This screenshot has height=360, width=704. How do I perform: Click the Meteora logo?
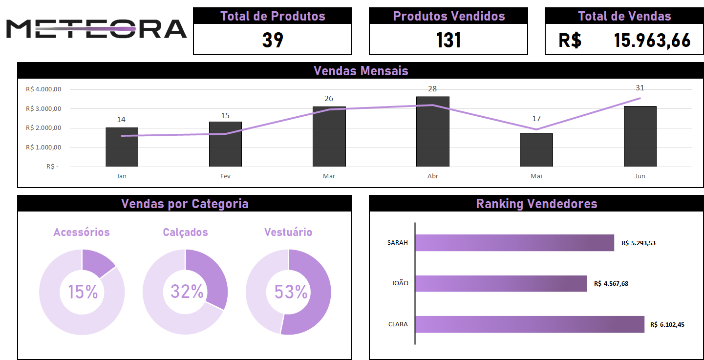coord(96,29)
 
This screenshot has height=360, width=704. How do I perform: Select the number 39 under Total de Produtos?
coord(273,40)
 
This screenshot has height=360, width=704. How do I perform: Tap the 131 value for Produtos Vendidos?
coord(448,40)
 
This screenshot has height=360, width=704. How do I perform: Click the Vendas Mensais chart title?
coord(361,71)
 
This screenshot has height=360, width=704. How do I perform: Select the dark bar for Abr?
coord(432,132)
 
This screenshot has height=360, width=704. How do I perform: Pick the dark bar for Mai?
coord(536,150)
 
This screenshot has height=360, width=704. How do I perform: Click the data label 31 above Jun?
coord(640,88)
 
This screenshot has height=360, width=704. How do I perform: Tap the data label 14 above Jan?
coord(121,120)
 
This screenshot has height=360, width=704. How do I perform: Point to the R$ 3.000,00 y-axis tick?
coord(43,109)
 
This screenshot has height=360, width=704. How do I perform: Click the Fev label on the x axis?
coord(225,176)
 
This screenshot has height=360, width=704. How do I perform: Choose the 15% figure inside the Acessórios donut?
coord(83,292)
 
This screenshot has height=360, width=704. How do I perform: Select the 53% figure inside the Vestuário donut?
coord(290,292)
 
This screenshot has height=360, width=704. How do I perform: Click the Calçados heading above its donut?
coord(185,233)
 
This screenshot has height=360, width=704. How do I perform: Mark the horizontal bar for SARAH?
coord(514,243)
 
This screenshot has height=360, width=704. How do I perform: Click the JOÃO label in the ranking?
coord(400,283)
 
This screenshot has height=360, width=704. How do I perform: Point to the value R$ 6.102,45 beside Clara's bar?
coord(667,324)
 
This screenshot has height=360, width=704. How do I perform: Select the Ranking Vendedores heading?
coord(536,204)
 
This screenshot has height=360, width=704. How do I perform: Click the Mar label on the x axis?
coord(329,176)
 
